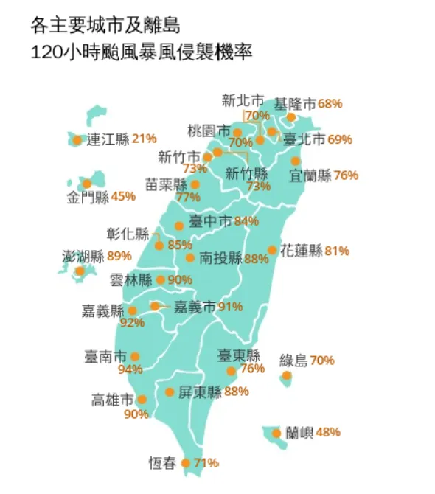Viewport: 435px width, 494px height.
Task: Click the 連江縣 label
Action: coord(108,139)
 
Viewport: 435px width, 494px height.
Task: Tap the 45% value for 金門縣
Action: coord(123,196)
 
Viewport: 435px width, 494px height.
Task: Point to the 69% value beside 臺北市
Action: coord(340,139)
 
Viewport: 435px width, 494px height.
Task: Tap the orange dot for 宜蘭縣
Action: coord(296,161)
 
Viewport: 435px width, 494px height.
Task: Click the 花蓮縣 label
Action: coord(301,251)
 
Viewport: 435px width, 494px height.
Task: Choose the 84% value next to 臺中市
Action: coord(246,220)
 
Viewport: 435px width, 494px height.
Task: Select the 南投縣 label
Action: coord(220,258)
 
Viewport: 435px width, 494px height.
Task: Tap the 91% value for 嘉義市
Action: coord(231,306)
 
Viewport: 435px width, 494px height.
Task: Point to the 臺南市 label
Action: coord(106,357)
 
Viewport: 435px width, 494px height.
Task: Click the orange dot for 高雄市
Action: coord(142,400)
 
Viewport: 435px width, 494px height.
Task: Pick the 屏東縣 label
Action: coord(200,392)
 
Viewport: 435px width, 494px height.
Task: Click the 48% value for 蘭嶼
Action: coord(328,433)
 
